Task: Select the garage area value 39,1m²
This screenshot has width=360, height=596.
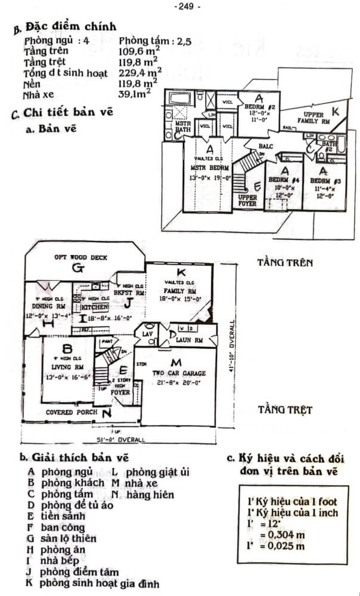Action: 135,94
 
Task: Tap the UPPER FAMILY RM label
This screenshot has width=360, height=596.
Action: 316,117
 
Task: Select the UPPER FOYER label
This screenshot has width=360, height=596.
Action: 247,200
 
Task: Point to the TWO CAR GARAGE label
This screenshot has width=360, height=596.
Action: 178,374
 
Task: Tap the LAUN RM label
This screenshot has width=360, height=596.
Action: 190,340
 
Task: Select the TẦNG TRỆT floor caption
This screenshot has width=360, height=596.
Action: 284,410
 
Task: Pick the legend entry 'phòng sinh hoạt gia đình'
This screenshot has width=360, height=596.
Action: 99,583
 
